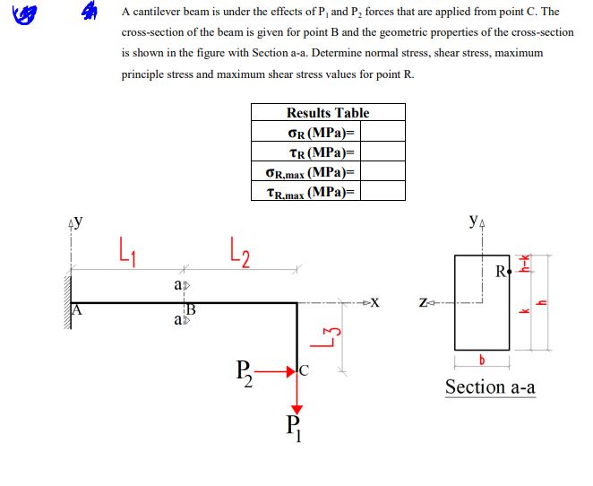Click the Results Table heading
click(327, 113)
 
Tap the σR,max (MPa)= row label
click(311, 172)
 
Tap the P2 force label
click(244, 370)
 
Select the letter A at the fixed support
click(77, 311)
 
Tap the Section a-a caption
click(490, 386)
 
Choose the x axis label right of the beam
click(375, 302)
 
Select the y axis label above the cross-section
click(472, 221)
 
